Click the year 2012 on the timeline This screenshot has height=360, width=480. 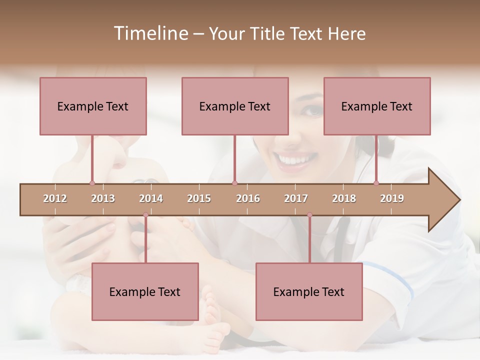pyautogui.click(x=55, y=198)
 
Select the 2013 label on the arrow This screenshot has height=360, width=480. pyautogui.click(x=103, y=198)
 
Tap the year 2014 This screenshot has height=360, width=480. pyautogui.click(x=151, y=198)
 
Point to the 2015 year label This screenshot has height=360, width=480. pyautogui.click(x=199, y=198)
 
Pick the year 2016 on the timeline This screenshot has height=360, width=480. pyautogui.click(x=248, y=198)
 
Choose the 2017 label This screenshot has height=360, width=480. pyautogui.click(x=296, y=198)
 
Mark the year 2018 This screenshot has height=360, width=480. pyautogui.click(x=344, y=198)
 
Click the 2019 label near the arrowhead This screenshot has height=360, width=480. pyautogui.click(x=392, y=198)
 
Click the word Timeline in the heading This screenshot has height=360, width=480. pyautogui.click(x=150, y=33)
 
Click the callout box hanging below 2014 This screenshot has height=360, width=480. pyautogui.click(x=145, y=291)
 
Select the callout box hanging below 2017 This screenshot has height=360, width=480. pyautogui.click(x=309, y=291)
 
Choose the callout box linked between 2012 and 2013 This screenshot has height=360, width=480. pyautogui.click(x=93, y=106)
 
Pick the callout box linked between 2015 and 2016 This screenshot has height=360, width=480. pyautogui.click(x=235, y=106)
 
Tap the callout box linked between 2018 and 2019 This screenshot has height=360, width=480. pyautogui.click(x=377, y=106)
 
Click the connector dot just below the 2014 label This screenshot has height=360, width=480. pyautogui.click(x=145, y=215)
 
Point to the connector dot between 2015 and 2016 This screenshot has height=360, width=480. pyautogui.click(x=234, y=183)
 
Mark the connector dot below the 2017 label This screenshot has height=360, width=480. pyautogui.click(x=309, y=215)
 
